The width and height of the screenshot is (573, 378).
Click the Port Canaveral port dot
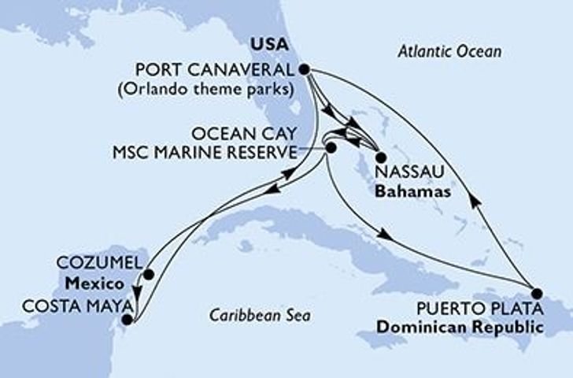305,69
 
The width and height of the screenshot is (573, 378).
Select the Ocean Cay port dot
331,147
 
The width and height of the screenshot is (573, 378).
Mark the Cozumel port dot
148,276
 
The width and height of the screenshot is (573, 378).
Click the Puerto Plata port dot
535,291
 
